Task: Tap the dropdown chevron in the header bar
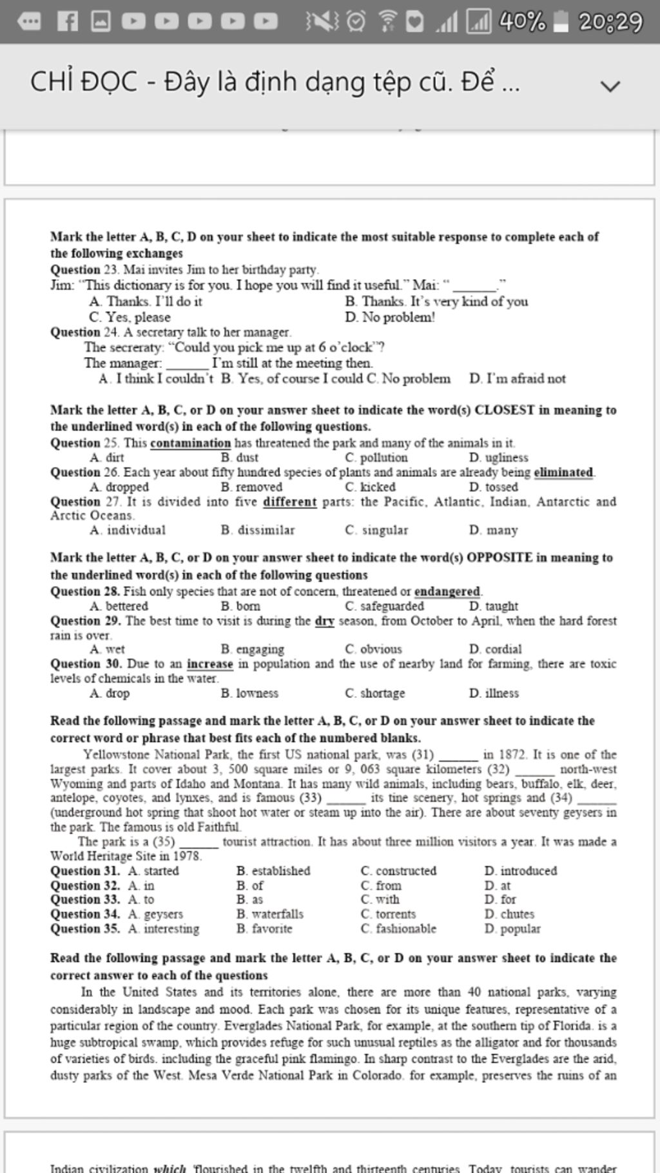coord(610,85)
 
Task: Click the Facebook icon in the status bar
coord(67,22)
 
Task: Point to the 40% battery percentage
coord(523,22)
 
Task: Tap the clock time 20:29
coord(610,22)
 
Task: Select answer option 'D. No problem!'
coord(390,317)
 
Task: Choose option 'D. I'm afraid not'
coord(518,378)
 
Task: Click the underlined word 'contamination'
coord(190,443)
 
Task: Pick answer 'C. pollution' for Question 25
coord(376,458)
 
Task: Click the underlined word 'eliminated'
coord(563,472)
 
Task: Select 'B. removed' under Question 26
coord(251,487)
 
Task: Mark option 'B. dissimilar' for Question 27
coord(257,530)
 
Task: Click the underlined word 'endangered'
coord(447,591)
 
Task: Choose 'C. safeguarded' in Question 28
coord(384,606)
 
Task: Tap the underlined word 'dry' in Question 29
coord(324,621)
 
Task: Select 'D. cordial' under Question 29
coord(495,649)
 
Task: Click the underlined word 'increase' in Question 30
coord(209,664)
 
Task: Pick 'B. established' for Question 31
coord(273,871)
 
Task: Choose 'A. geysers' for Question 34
coord(155,914)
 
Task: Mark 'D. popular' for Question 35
coord(512,929)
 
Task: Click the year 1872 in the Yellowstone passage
coord(512,754)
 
